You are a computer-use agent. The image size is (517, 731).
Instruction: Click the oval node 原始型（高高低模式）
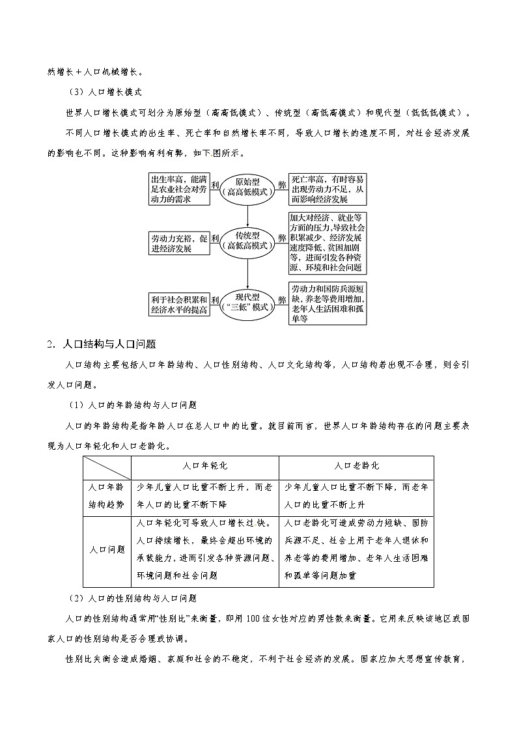pyautogui.click(x=248, y=187)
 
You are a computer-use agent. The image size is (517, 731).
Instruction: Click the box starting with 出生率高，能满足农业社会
pyautogui.click(x=179, y=189)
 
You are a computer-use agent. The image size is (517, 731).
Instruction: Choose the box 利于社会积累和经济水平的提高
pyautogui.click(x=179, y=305)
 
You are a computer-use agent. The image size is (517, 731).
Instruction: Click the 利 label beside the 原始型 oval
pyautogui.click(x=215, y=185)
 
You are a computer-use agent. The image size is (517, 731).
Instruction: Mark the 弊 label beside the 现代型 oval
pyautogui.click(x=282, y=300)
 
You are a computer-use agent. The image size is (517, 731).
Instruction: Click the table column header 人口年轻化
pyautogui.click(x=205, y=467)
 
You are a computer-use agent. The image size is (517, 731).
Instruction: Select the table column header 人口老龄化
pyautogui.click(x=356, y=467)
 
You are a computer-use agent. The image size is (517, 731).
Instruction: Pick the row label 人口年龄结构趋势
pyautogui.click(x=107, y=497)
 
